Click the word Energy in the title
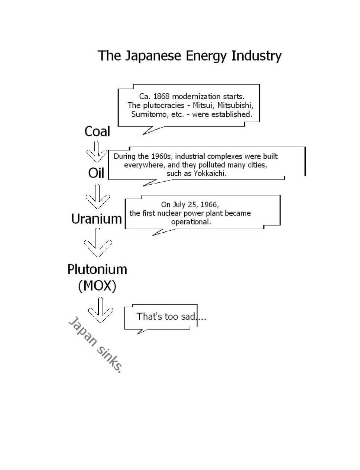click(205, 56)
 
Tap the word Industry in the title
click(256, 56)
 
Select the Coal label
click(97, 131)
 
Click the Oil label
click(96, 173)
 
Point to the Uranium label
click(97, 219)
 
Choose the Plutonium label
click(97, 270)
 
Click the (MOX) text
click(97, 286)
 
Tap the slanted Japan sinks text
click(95, 345)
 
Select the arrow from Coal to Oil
click(97, 152)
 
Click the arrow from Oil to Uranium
click(97, 196)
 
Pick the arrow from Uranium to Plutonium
click(98, 243)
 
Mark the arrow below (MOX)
click(100, 310)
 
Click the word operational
click(191, 222)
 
